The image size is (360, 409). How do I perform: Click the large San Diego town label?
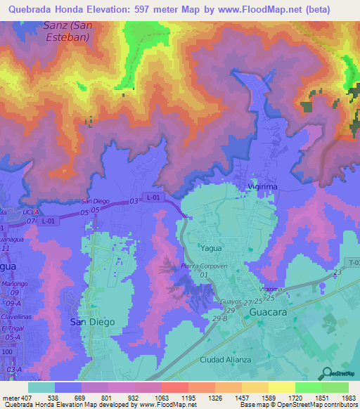[92, 320]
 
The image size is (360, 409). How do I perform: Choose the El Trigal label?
[13, 328]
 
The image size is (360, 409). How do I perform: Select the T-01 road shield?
[352, 261]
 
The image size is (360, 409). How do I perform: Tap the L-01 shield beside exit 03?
[153, 199]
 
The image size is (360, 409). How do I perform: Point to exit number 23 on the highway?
[338, 271]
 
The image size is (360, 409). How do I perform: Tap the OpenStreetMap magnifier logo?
[326, 374]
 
